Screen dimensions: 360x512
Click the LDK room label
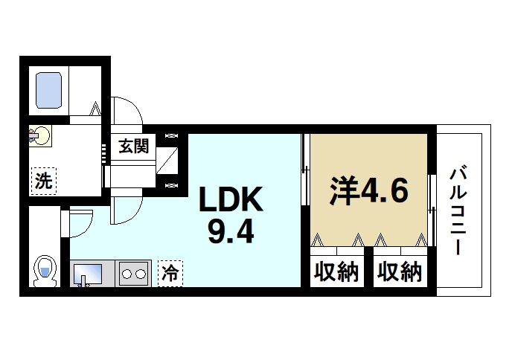pos(229,199)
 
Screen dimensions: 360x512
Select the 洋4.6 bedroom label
pos(369,191)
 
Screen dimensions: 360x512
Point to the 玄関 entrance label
pos(134,145)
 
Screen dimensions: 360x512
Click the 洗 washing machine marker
pos(42,179)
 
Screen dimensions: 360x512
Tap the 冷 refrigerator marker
pos(170,273)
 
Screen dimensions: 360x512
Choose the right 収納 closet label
pos(399,272)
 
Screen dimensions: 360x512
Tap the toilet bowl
pos(45,271)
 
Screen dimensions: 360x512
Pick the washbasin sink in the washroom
pos(40,137)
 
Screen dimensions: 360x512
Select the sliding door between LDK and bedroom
pos(304,186)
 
